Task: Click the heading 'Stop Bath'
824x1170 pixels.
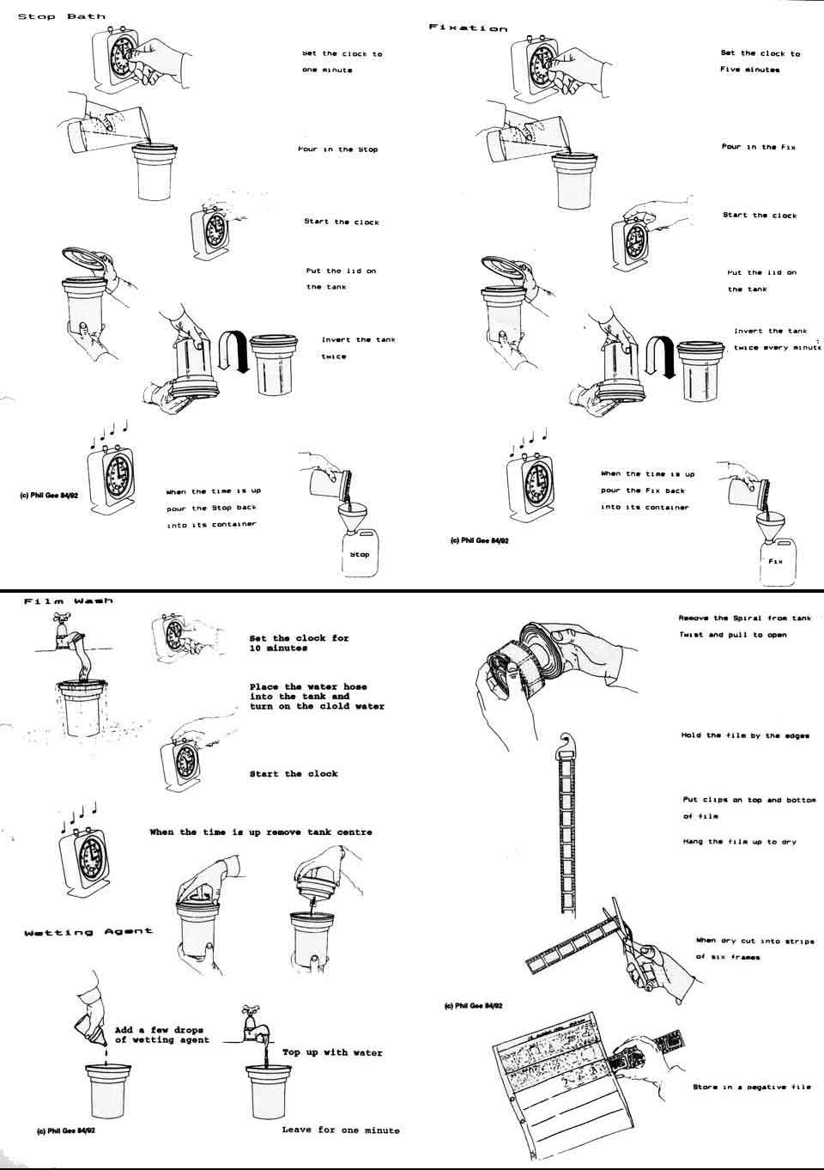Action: point(62,16)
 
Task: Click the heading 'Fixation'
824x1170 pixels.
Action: point(468,28)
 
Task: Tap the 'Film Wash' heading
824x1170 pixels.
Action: point(69,601)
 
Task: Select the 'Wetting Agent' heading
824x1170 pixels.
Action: point(88,931)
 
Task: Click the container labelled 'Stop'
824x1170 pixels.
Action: point(358,554)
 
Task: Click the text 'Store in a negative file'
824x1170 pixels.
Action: point(751,1088)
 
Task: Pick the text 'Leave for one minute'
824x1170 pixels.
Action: point(341,1130)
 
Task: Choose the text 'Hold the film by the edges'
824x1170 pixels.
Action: point(745,735)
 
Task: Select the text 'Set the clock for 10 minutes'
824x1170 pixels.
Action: point(299,643)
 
